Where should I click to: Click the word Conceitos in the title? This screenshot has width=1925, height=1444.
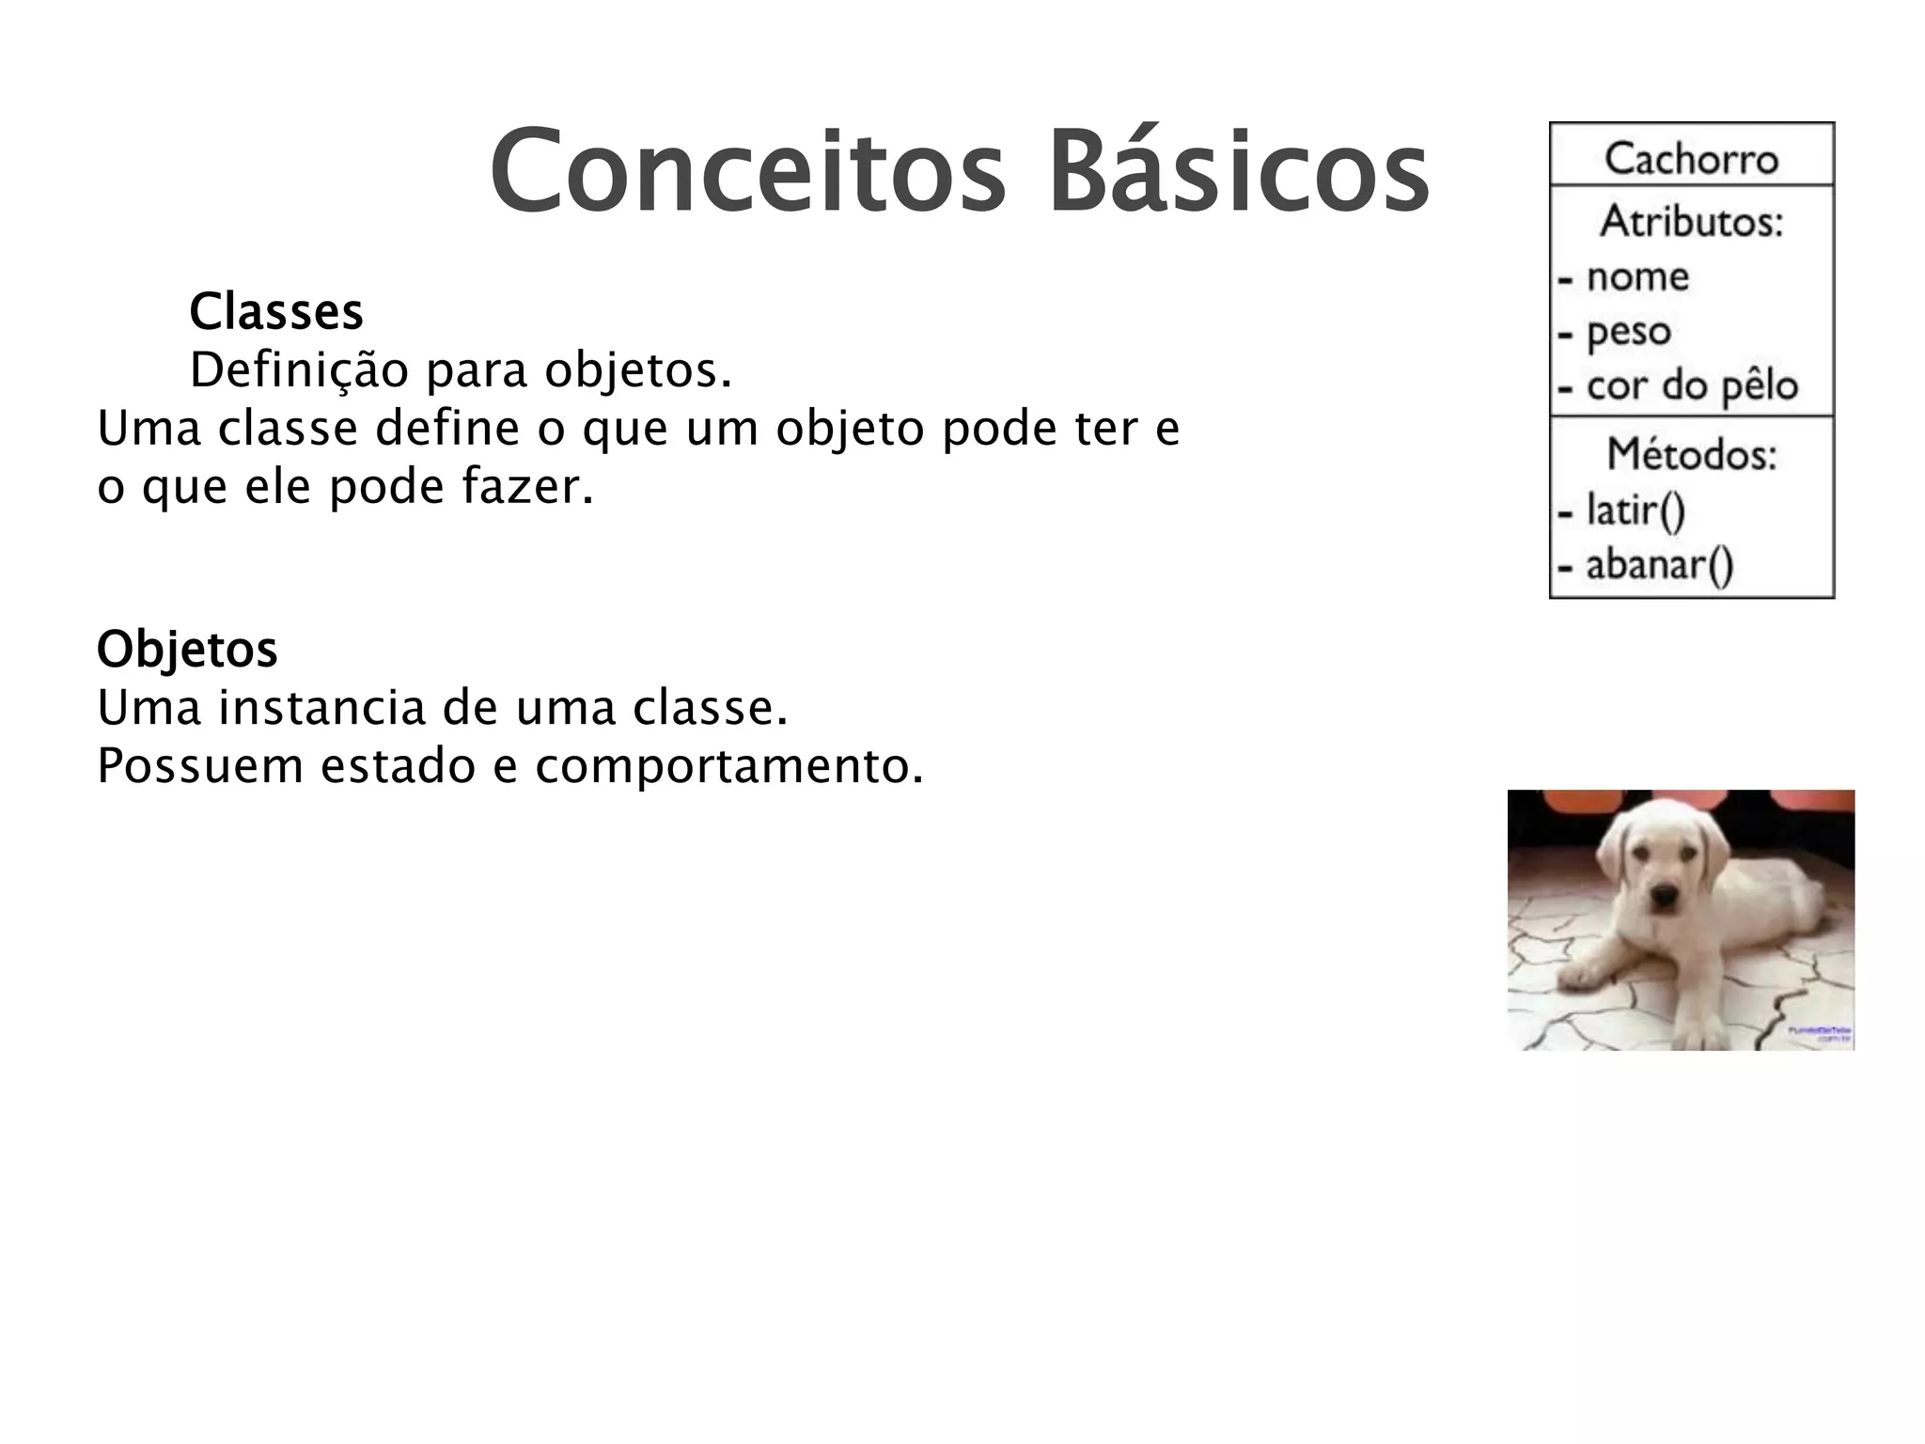(747, 171)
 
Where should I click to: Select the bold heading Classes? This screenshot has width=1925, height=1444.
(275, 312)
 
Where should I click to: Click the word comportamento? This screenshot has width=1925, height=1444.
(728, 766)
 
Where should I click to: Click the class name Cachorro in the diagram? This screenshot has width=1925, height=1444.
(1691, 158)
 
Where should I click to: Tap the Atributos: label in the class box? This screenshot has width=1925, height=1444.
(1691, 222)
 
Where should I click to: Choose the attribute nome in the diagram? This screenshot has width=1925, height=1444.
(1637, 276)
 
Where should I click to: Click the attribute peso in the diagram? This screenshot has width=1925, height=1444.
(1628, 332)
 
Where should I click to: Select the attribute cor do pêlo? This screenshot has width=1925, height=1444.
(1691, 386)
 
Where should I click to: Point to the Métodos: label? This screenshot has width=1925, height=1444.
(1691, 455)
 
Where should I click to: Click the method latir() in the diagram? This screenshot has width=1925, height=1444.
(1635, 510)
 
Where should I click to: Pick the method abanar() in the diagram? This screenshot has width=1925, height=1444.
(1659, 565)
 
